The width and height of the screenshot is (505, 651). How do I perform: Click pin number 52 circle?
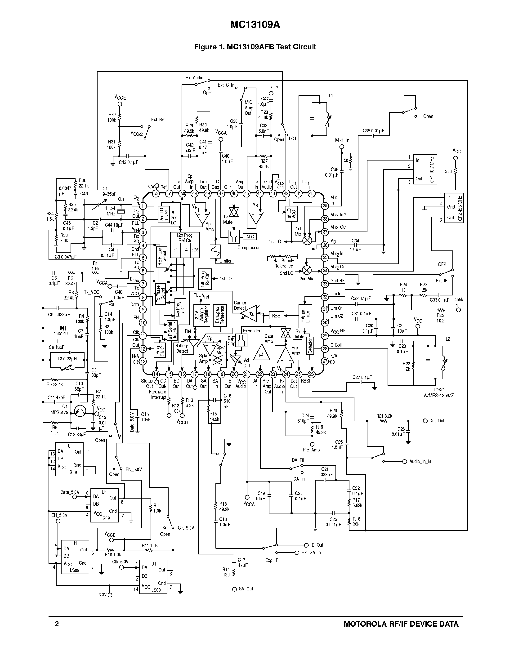[156, 193]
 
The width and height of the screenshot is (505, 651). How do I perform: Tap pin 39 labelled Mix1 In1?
[325, 206]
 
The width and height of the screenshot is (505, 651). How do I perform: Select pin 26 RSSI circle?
[312, 374]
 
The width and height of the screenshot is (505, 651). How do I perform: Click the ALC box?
[250, 237]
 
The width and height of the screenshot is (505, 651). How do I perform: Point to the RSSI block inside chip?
[276, 316]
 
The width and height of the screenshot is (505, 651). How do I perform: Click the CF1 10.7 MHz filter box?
[425, 169]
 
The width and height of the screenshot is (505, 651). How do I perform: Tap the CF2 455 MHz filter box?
[454, 208]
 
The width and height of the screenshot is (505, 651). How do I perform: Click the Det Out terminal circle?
[425, 421]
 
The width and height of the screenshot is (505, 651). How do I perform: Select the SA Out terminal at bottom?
[234, 589]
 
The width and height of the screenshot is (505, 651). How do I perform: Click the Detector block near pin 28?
[310, 346]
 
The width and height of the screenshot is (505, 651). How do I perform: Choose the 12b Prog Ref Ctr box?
[185, 238]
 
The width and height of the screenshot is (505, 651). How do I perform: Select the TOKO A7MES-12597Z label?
[438, 392]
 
